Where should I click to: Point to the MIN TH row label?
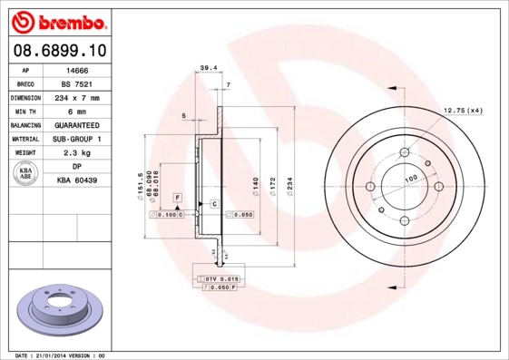point(24,112)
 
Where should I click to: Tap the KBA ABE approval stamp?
point(24,174)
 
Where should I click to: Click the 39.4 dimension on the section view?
point(208,67)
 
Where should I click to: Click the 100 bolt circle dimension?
point(410,180)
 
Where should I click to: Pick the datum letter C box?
point(214,203)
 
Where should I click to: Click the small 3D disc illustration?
point(56,309)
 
